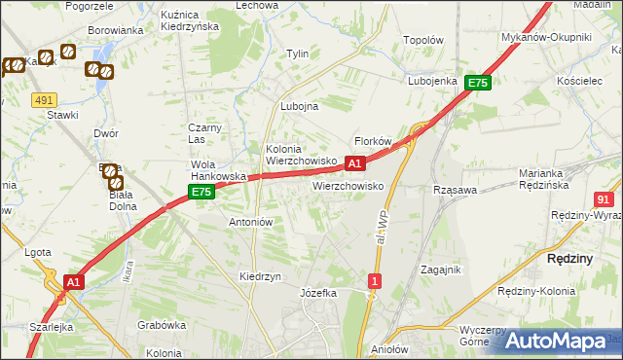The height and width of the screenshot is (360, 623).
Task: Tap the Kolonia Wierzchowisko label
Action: (301, 155)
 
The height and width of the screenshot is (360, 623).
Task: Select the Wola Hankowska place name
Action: (216, 170)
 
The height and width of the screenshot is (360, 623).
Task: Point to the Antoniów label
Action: (250, 222)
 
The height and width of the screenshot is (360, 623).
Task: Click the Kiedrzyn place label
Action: (260, 276)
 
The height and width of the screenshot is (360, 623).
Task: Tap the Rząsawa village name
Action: (455, 191)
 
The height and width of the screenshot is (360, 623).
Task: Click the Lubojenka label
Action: (433, 81)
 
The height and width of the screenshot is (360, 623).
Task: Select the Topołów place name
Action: (423, 41)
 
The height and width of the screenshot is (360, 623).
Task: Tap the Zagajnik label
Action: (439, 270)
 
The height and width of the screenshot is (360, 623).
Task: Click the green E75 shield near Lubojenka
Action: (477, 84)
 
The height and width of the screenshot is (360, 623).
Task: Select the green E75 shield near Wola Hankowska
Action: (201, 193)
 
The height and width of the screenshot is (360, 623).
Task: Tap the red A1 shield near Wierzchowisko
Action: (355, 163)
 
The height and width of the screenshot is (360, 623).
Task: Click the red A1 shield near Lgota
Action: (71, 282)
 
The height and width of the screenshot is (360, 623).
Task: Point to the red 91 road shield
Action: (604, 198)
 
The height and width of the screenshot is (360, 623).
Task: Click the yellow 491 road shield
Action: (43, 100)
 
